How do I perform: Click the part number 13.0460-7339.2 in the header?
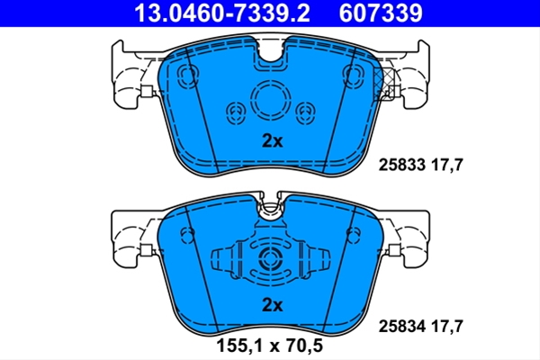tap(222, 13)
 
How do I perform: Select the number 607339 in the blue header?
tap(381, 13)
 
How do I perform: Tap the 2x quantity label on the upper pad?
tap(272, 141)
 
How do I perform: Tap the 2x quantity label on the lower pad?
tap(272, 305)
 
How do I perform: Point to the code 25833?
tap(402, 165)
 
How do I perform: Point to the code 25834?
tap(402, 326)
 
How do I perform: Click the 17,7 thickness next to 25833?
tap(447, 166)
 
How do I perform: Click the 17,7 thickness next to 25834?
tap(447, 327)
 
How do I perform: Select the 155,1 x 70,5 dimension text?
tap(270, 346)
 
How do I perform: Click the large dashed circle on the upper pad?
tap(271, 81)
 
